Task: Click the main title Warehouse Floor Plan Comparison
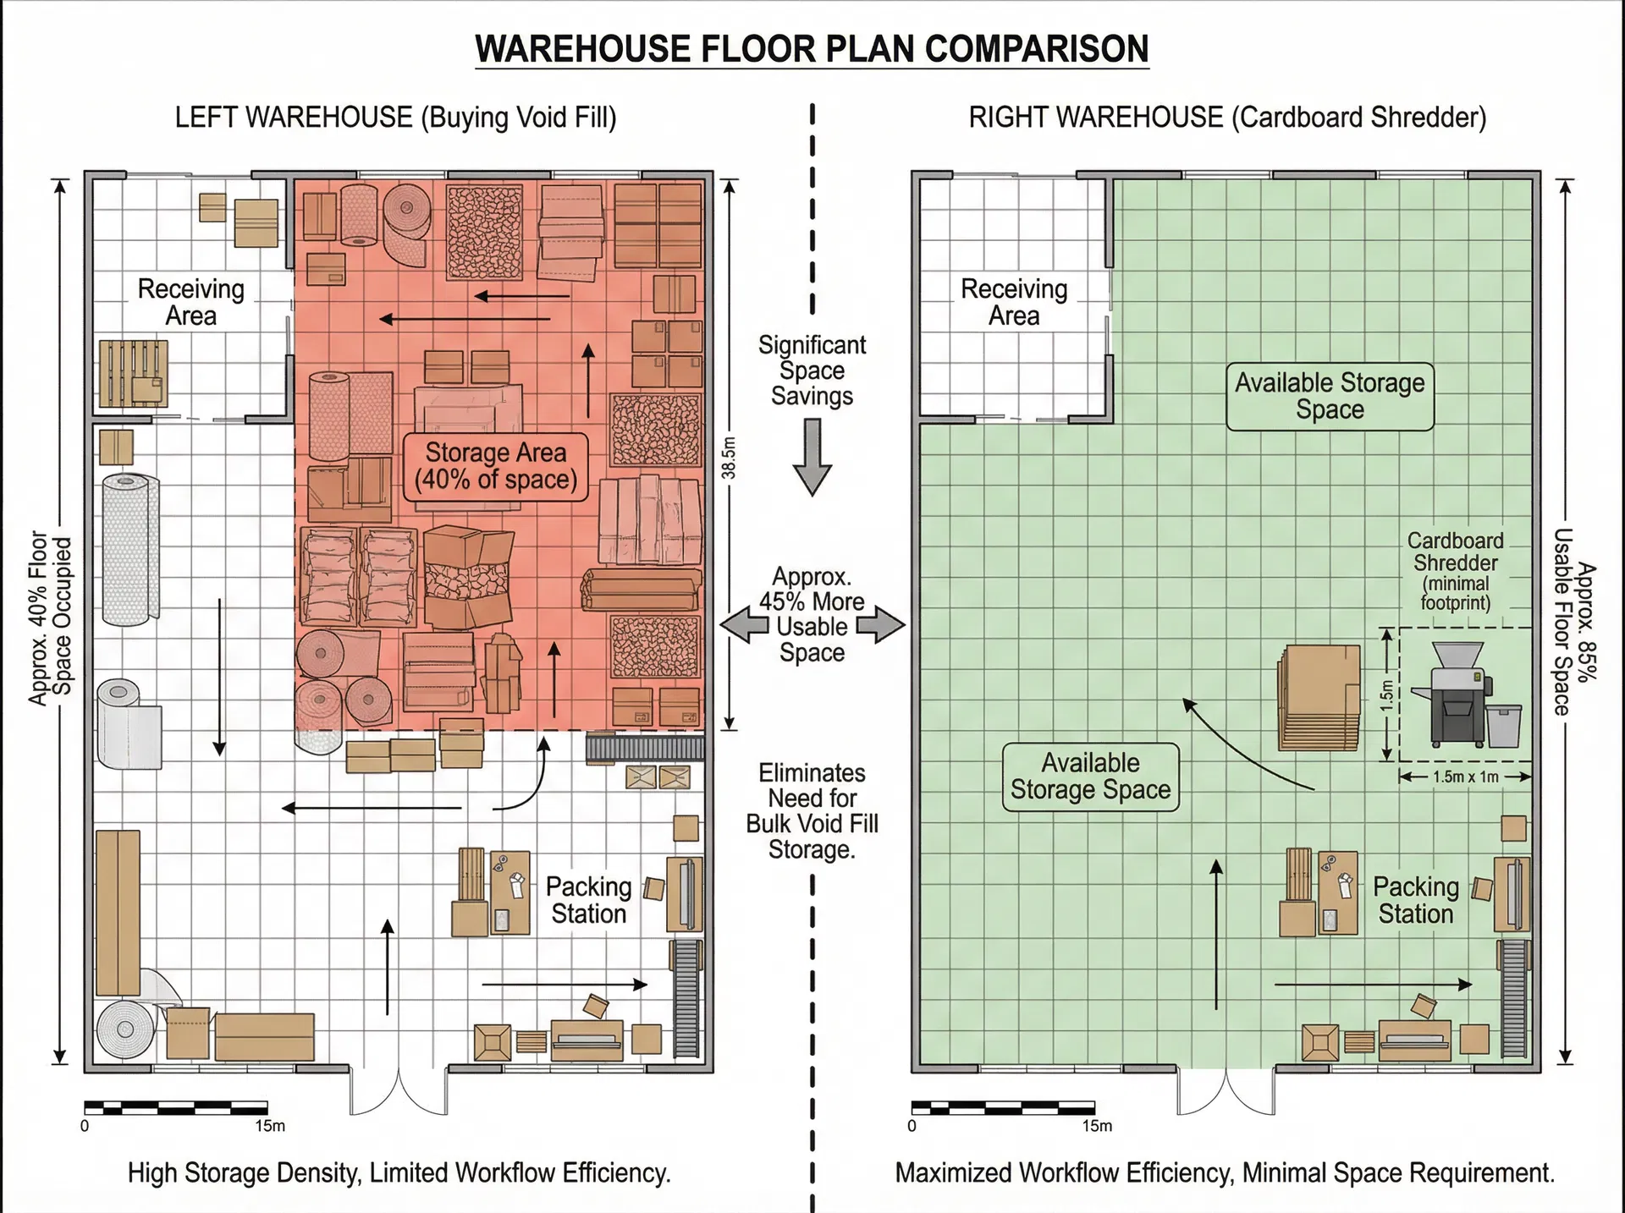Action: click(x=812, y=49)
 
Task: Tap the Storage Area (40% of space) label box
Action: click(x=495, y=466)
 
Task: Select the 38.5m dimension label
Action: click(x=729, y=458)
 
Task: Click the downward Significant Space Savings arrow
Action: click(x=812, y=457)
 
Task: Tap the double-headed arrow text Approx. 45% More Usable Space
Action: click(x=812, y=615)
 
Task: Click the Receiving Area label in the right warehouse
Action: click(x=1014, y=302)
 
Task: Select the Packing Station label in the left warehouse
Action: click(x=588, y=900)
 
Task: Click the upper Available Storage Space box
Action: click(x=1330, y=396)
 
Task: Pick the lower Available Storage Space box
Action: click(x=1090, y=777)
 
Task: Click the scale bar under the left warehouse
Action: click(x=176, y=1106)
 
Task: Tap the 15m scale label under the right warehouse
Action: click(x=1097, y=1126)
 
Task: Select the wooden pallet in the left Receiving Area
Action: click(x=133, y=374)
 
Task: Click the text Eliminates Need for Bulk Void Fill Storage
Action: click(x=812, y=810)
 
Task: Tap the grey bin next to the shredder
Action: click(x=1504, y=727)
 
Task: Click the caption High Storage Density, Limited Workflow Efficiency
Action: click(x=399, y=1173)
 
